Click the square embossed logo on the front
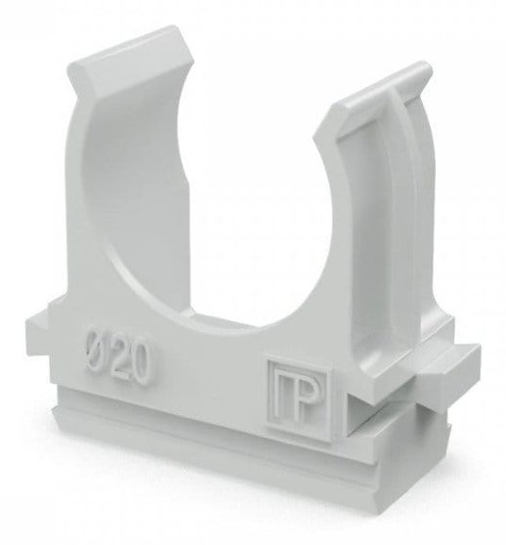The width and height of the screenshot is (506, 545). coord(299,400)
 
